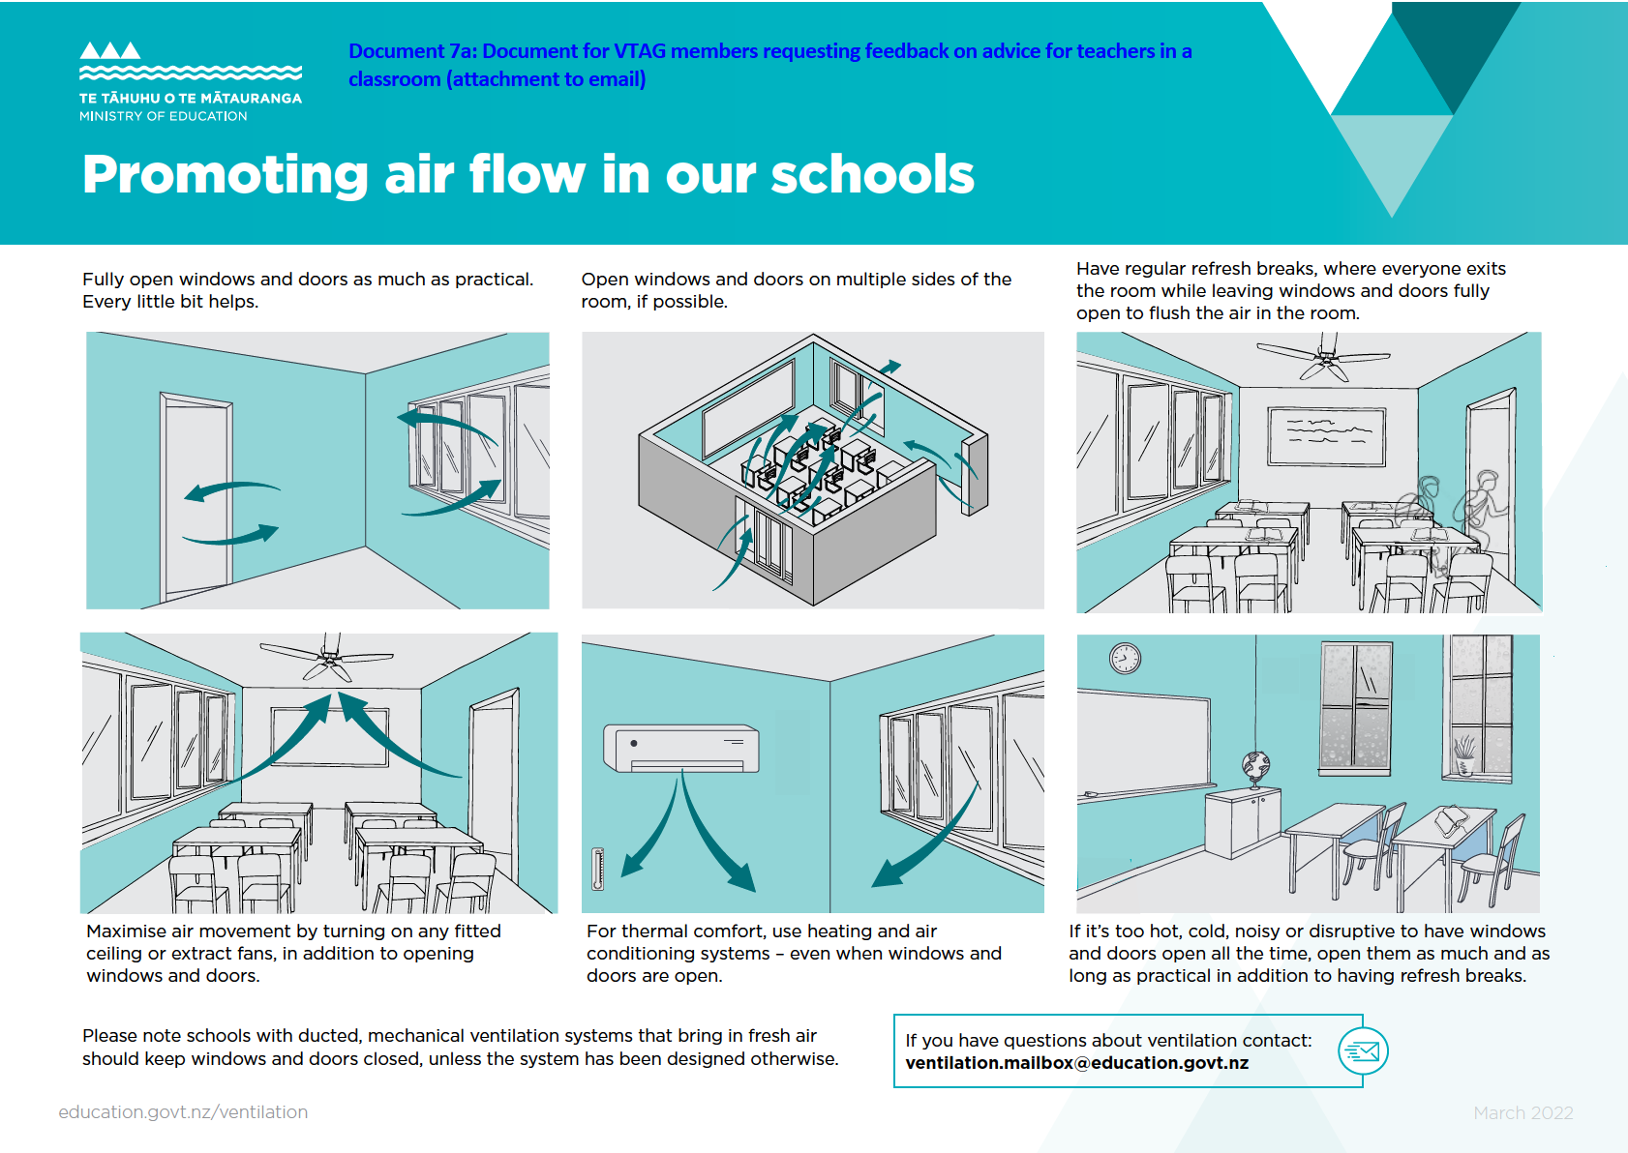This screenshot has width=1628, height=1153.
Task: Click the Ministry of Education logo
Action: pos(190,81)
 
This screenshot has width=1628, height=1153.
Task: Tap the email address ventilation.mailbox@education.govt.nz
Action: pos(1076,1063)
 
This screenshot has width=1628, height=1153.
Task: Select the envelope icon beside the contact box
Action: pos(1363,1051)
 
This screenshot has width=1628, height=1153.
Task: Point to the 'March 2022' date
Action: pos(1522,1113)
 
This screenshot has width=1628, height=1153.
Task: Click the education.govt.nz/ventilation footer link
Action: pos(183,1112)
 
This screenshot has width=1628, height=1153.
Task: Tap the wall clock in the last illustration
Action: pos(1125,659)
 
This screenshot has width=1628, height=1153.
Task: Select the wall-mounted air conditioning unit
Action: pos(680,748)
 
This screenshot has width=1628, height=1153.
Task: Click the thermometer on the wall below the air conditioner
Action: pos(598,869)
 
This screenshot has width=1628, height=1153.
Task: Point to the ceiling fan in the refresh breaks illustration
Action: pos(1325,359)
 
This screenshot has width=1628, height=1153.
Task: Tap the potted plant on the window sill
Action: pos(1463,755)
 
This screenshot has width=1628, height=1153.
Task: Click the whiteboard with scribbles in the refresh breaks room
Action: pos(1327,436)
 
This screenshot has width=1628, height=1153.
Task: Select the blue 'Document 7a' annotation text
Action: pos(769,65)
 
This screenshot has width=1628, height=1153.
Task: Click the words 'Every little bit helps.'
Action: pos(170,302)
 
